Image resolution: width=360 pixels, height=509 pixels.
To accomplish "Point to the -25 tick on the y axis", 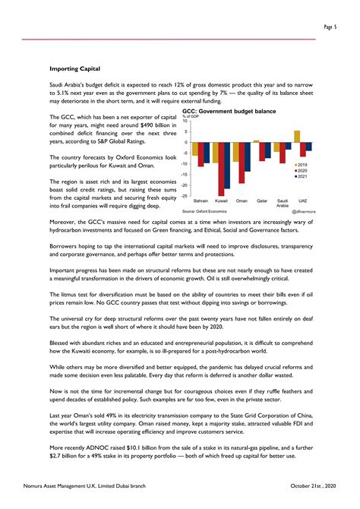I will pos(185,196).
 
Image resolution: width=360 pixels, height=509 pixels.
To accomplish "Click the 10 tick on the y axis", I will pos(186,121).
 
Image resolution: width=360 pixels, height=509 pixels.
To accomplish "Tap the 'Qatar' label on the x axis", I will pos(262,201).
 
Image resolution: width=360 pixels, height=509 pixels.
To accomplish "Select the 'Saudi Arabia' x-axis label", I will pos(283,203).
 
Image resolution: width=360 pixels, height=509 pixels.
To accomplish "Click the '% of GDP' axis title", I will pos(191,116).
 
